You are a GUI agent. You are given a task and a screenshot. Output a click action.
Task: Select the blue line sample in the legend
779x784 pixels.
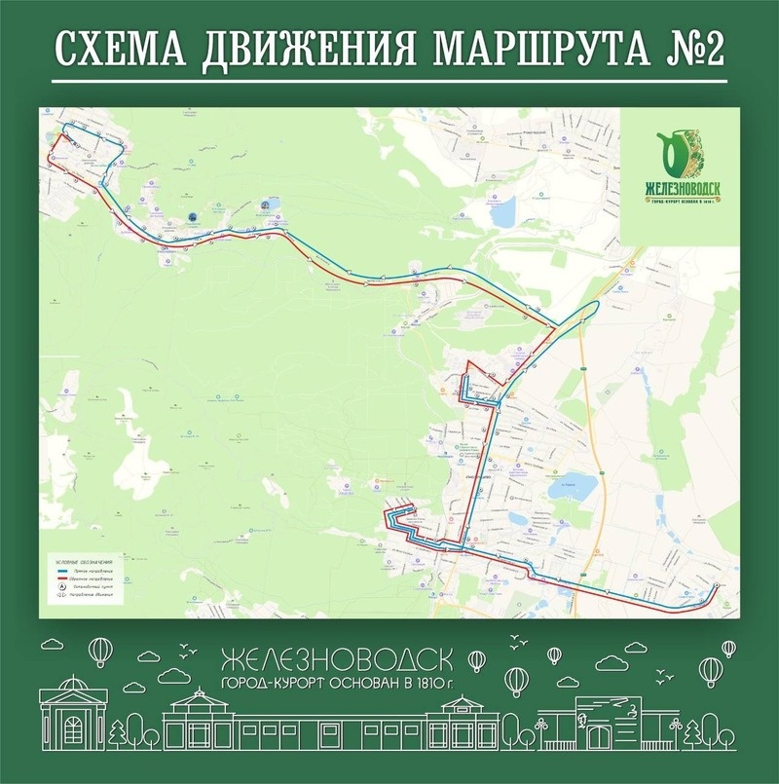click(62, 572)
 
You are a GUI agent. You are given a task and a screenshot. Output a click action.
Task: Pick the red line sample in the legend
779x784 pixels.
click(62, 579)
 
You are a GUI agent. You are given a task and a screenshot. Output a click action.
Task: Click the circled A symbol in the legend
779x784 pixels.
click(62, 587)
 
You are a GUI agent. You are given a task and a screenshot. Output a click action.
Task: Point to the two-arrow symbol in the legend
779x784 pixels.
click(62, 595)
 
